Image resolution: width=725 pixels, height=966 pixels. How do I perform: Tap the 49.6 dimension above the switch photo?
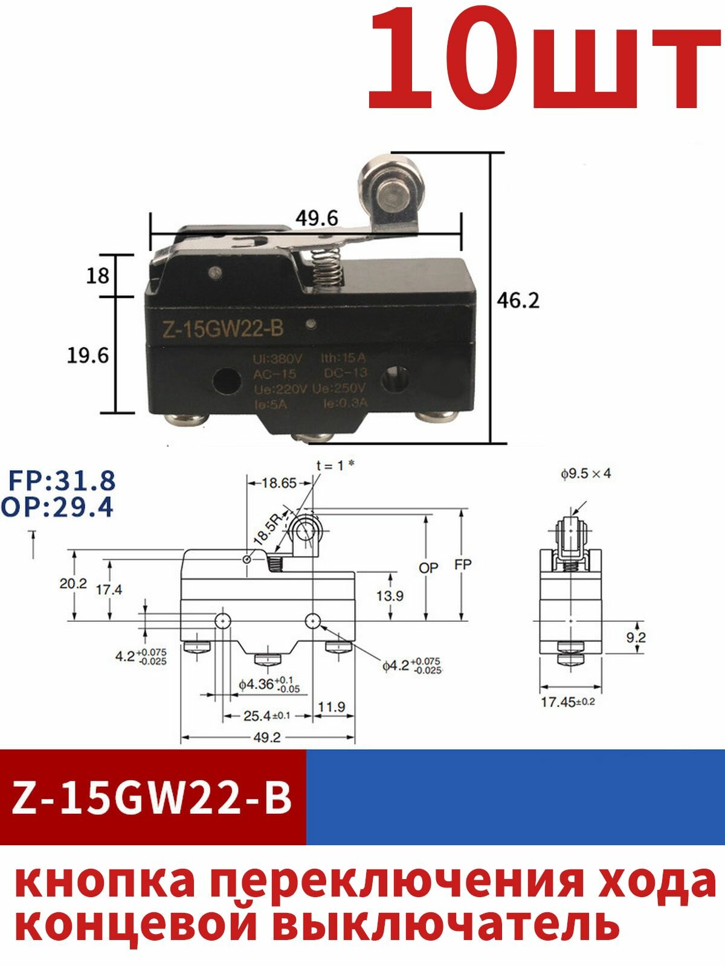pos(317,219)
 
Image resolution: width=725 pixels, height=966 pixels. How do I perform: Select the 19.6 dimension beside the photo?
pos(88,356)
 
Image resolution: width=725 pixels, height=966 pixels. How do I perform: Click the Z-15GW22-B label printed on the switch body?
pos(221,330)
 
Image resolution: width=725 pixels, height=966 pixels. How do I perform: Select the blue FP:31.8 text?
pos(62,481)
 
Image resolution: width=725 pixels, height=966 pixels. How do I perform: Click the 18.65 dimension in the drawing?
pos(279,483)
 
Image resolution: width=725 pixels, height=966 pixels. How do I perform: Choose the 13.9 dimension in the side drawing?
pos(390,596)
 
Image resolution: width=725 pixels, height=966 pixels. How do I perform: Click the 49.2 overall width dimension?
pos(268,738)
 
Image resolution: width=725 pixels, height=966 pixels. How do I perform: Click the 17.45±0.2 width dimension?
pos(567,702)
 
